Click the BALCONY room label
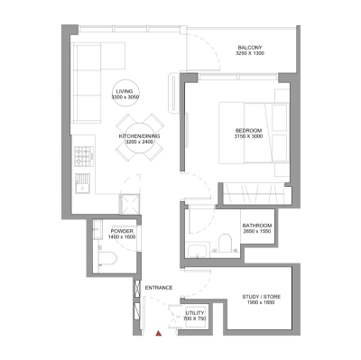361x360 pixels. point(250,47)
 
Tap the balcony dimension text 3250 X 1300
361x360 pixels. point(250,54)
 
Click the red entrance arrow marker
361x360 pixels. point(159,333)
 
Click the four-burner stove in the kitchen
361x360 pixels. point(83,155)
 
